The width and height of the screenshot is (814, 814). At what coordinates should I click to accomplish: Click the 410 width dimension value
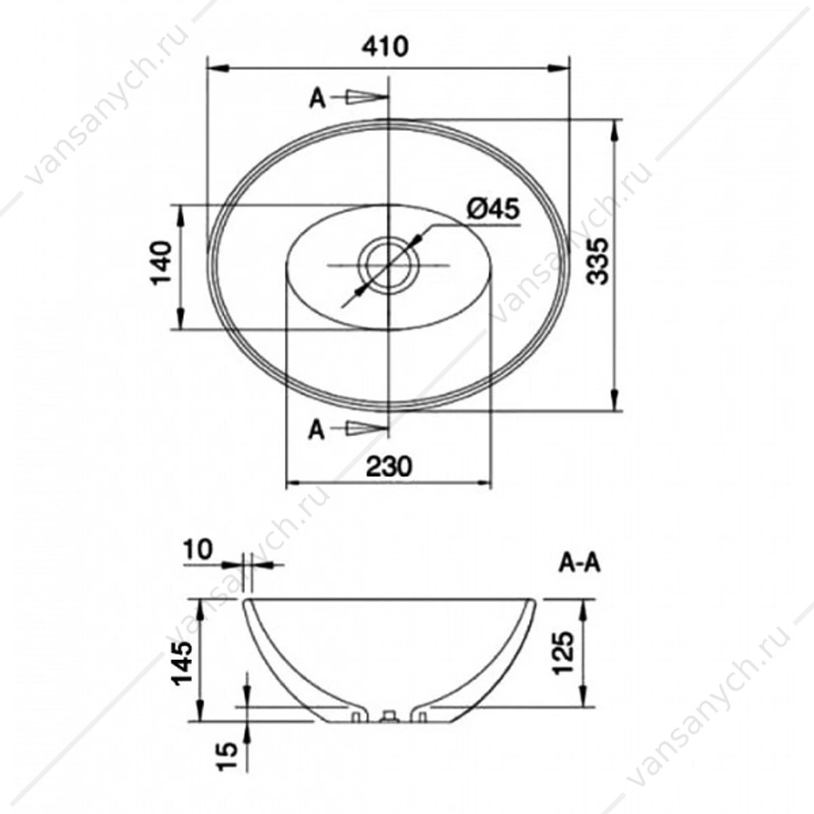[x=386, y=47]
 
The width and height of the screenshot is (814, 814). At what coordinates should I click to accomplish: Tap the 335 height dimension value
[x=598, y=260]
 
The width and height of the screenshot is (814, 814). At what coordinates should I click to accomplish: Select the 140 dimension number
[x=162, y=263]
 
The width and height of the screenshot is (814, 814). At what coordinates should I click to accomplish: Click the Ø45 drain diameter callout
[x=492, y=209]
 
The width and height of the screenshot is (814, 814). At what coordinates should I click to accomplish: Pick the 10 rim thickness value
[x=198, y=550]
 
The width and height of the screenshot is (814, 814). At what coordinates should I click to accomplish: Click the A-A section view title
[x=579, y=564]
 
